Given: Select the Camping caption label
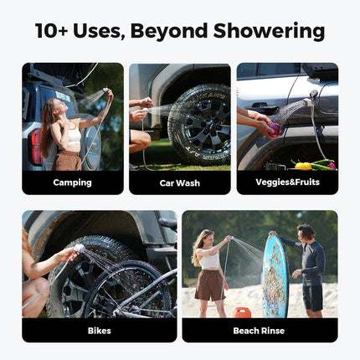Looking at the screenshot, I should [72, 183].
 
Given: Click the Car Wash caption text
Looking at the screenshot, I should [179, 183].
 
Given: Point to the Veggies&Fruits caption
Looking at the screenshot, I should [286, 183].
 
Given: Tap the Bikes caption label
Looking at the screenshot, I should [99, 330].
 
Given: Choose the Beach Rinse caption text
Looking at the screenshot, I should [260, 330].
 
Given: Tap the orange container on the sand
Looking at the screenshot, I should [243, 312].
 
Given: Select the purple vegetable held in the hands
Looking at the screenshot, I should [273, 128].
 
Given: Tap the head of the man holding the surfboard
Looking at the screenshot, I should [307, 231].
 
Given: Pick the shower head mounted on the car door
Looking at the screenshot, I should [314, 95].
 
